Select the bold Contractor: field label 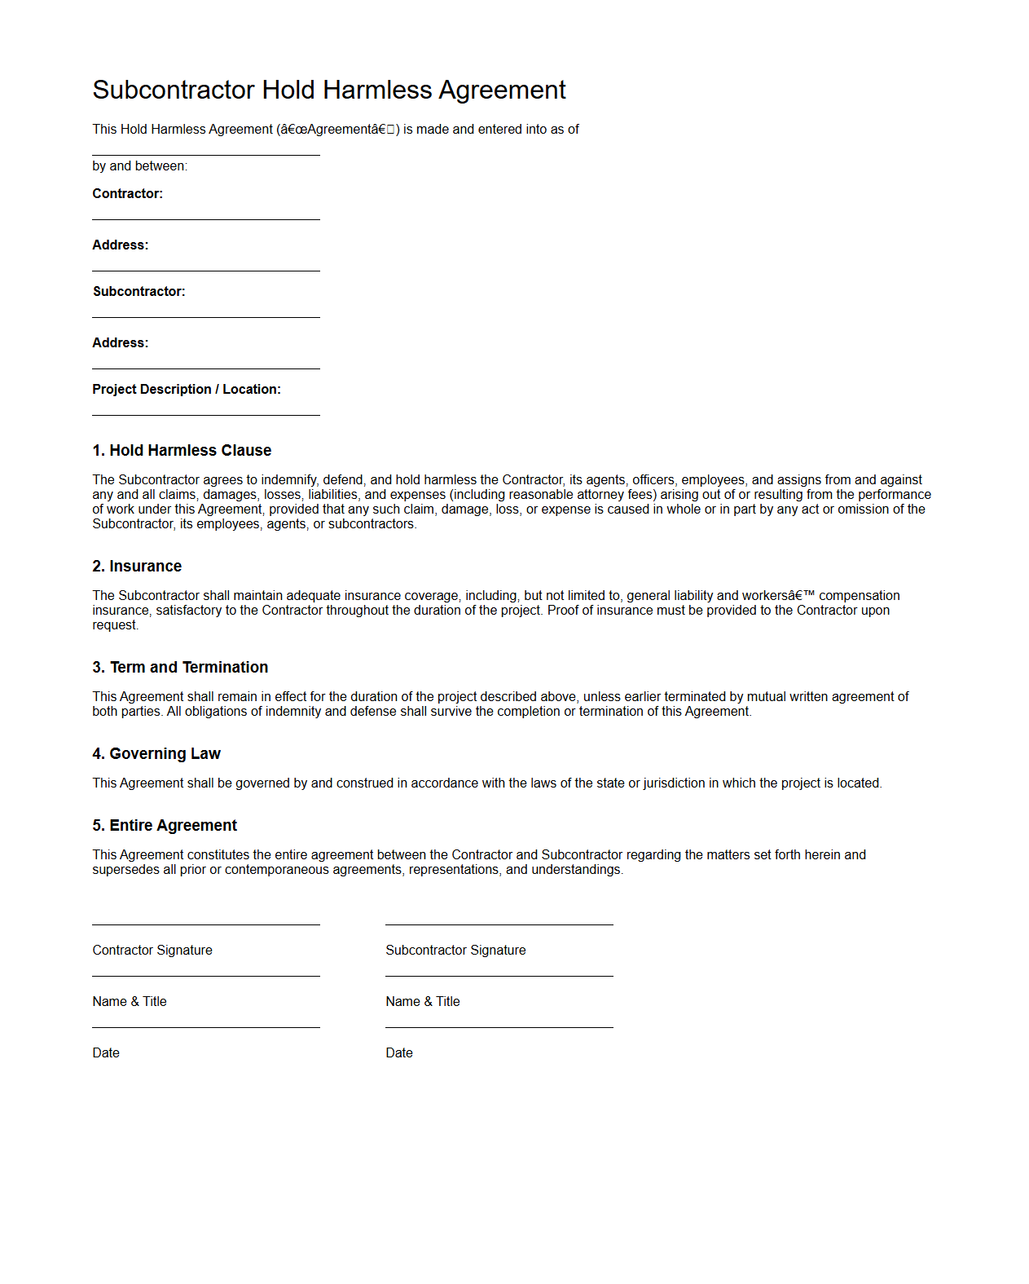pyautogui.click(x=127, y=194)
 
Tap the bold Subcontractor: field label pyautogui.click(x=139, y=292)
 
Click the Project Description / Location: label pyautogui.click(x=186, y=390)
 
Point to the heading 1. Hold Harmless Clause pyautogui.click(x=182, y=451)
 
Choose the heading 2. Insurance pyautogui.click(x=137, y=567)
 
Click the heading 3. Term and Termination pyautogui.click(x=180, y=668)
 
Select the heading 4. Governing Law pyautogui.click(x=156, y=754)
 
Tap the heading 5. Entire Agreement pyautogui.click(x=165, y=826)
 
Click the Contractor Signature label pyautogui.click(x=152, y=951)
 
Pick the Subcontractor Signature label pyautogui.click(x=455, y=951)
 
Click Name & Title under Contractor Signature pyautogui.click(x=130, y=1002)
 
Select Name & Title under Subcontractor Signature pyautogui.click(x=423, y=1002)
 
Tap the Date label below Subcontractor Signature pyautogui.click(x=399, y=1053)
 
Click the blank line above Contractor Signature pyautogui.click(x=206, y=925)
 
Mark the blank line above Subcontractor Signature pyautogui.click(x=499, y=925)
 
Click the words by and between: pyautogui.click(x=139, y=166)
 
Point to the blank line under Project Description pyautogui.click(x=206, y=416)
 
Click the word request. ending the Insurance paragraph pyautogui.click(x=115, y=625)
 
